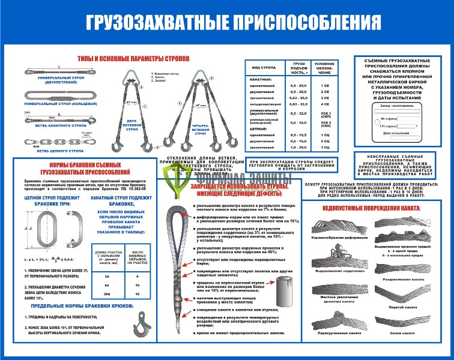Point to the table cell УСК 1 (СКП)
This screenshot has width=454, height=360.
[326, 113]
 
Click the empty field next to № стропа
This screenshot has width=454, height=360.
[415, 118]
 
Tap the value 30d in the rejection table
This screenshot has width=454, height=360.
[107, 294]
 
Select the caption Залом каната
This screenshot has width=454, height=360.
[406, 332]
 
